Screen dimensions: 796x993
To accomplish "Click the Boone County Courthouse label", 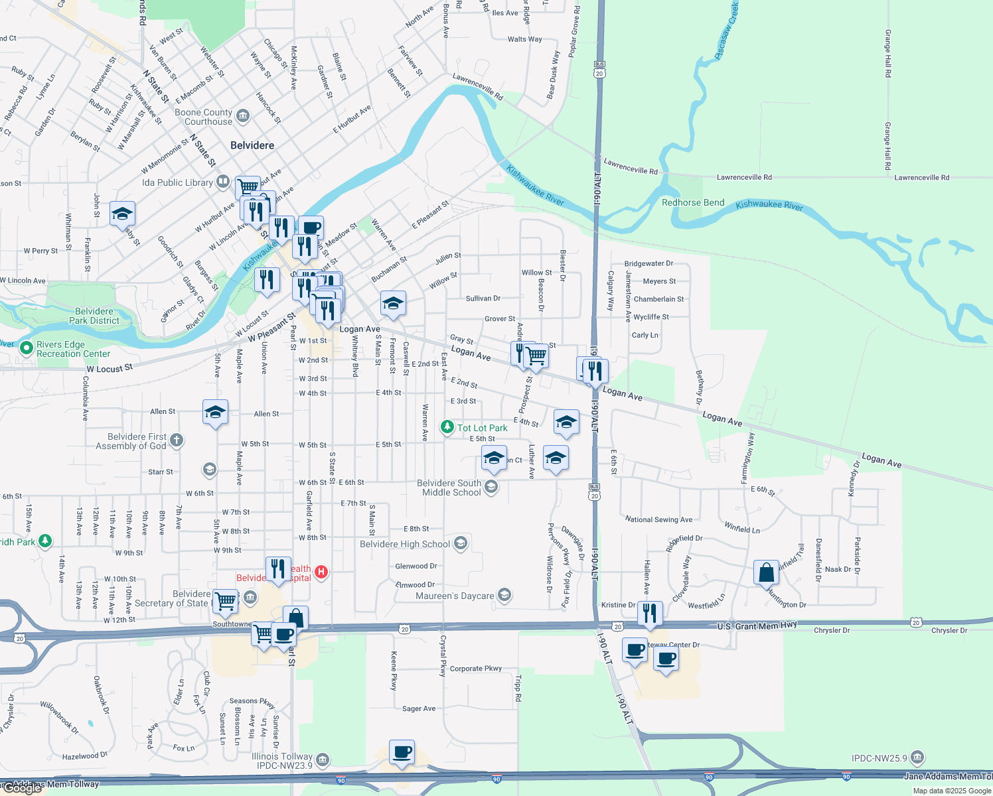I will pyautogui.click(x=204, y=117).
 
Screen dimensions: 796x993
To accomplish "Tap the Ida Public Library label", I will pyautogui.click(x=177, y=182).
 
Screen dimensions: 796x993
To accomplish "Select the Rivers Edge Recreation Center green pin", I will pyautogui.click(x=27, y=348).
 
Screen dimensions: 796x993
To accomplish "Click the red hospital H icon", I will pyautogui.click(x=321, y=572).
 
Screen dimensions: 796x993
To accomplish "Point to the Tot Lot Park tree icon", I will pyautogui.click(x=447, y=427).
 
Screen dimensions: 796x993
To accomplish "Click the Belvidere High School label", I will pyautogui.click(x=405, y=544).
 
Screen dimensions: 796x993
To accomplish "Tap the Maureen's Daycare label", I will pyautogui.click(x=455, y=596).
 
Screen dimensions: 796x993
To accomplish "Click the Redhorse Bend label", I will pyautogui.click(x=693, y=202).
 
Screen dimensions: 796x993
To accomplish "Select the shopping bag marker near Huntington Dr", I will pyautogui.click(x=766, y=572).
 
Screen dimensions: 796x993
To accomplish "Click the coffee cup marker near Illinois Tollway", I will pyautogui.click(x=402, y=752).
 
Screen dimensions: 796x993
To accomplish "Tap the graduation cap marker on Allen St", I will pyautogui.click(x=215, y=413).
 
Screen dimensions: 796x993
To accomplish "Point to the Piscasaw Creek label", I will pyautogui.click(x=727, y=31).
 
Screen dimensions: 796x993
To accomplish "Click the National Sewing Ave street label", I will pyautogui.click(x=658, y=519).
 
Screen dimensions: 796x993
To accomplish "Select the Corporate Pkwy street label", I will pyautogui.click(x=476, y=669).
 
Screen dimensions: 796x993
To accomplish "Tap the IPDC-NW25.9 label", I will pyautogui.click(x=879, y=758).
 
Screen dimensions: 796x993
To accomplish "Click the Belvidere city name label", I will pyautogui.click(x=252, y=145).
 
